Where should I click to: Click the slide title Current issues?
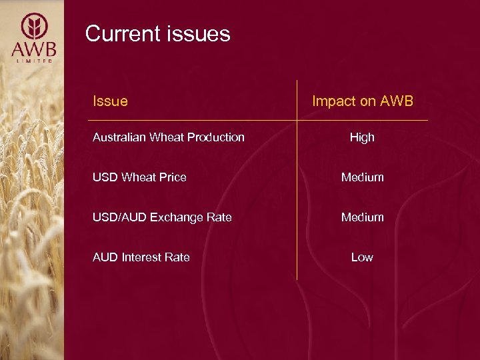coord(157,33)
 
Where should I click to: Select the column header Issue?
coord(110,101)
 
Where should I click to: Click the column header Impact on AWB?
coord(362,101)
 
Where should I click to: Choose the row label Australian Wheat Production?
coord(168,137)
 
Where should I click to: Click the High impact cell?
coord(362,137)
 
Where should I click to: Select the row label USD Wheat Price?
coord(139,177)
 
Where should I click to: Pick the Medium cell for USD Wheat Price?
coord(362,177)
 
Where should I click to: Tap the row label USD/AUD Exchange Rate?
coord(162,217)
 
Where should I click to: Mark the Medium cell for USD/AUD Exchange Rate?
coord(362,217)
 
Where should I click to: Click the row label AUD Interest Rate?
coord(141,257)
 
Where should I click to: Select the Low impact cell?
coord(362,257)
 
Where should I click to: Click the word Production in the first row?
coord(219,137)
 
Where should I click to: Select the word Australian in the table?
coord(117,137)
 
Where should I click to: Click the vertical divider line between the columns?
coord(297,200)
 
